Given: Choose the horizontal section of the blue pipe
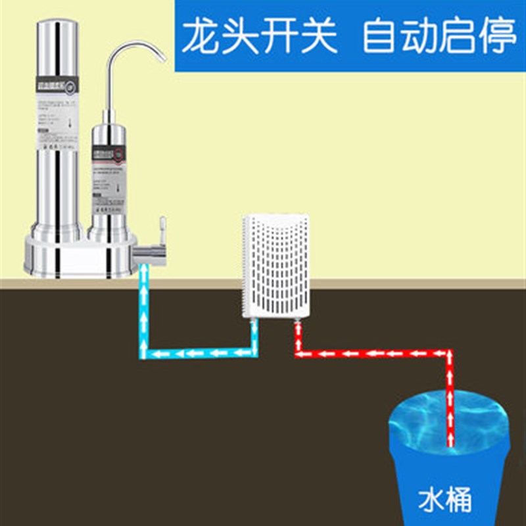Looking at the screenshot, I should [197, 354].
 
